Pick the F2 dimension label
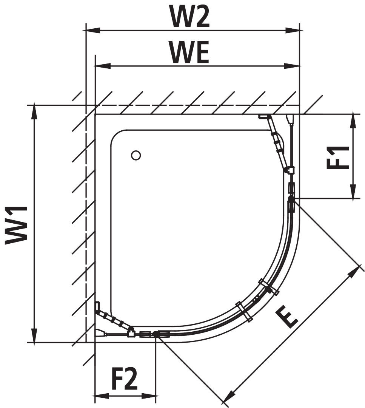[x=124, y=379]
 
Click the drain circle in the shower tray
[x=136, y=155]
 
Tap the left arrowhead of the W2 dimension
[x=93, y=30]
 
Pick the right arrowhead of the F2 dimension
[x=149, y=396]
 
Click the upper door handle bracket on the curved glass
[x=269, y=287]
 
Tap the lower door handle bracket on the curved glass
[x=244, y=311]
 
